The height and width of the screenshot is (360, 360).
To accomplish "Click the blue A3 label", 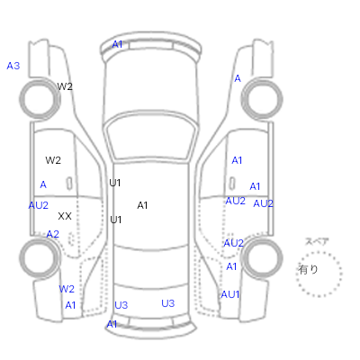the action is tap(13, 66).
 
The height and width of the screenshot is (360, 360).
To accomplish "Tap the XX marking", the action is tap(65, 216).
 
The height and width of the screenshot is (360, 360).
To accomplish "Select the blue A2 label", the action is tap(53, 234).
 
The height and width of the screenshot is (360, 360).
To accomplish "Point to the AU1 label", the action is tap(230, 294).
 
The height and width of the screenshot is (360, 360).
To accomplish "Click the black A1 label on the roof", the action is tap(142, 205).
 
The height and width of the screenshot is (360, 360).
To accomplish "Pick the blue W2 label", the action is tap(67, 289).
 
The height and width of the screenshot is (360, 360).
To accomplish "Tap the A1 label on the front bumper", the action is tap(117, 44).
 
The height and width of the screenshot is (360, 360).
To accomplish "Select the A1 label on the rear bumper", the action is tap(112, 324).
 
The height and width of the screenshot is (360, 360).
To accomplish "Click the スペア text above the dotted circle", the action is tap(317, 242).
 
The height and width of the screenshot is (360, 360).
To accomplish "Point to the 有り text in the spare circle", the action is tap(308, 269).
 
